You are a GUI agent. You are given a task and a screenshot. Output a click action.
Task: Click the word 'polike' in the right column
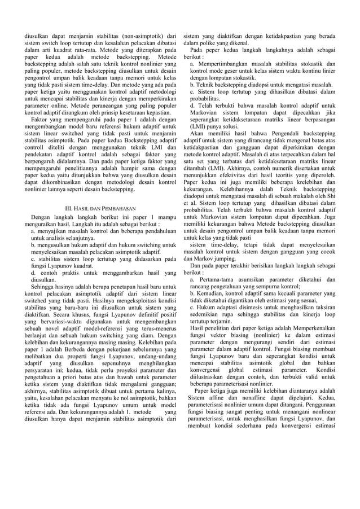(x=218, y=42)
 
